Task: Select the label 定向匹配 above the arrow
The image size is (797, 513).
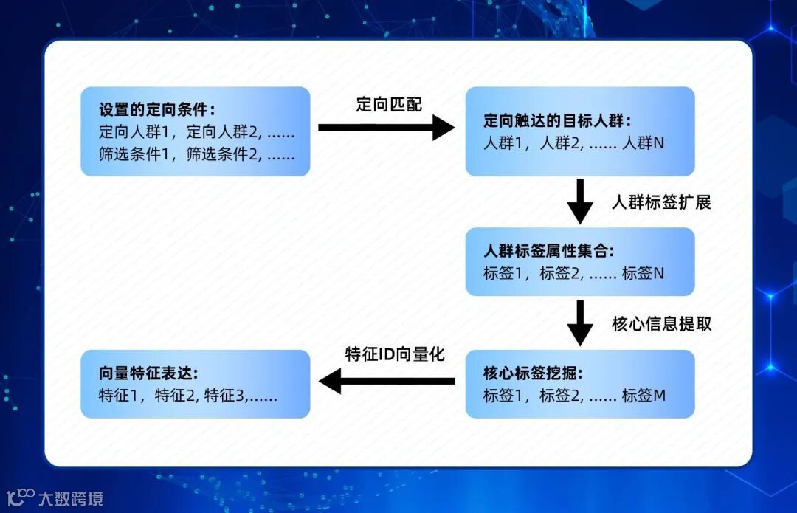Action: (389, 105)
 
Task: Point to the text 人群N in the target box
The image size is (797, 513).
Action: (643, 143)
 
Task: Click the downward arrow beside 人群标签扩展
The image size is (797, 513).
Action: (580, 201)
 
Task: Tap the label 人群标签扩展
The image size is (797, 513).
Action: (661, 202)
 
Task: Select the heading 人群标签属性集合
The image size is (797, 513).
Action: (548, 251)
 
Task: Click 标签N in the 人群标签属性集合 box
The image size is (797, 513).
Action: (643, 273)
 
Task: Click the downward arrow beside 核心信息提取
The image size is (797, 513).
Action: (580, 323)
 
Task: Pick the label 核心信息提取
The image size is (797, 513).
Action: (661, 324)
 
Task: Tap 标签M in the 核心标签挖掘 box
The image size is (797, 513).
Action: (644, 396)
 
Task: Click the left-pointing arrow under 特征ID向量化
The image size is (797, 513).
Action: (387, 381)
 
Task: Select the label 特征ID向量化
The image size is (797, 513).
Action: (395, 354)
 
